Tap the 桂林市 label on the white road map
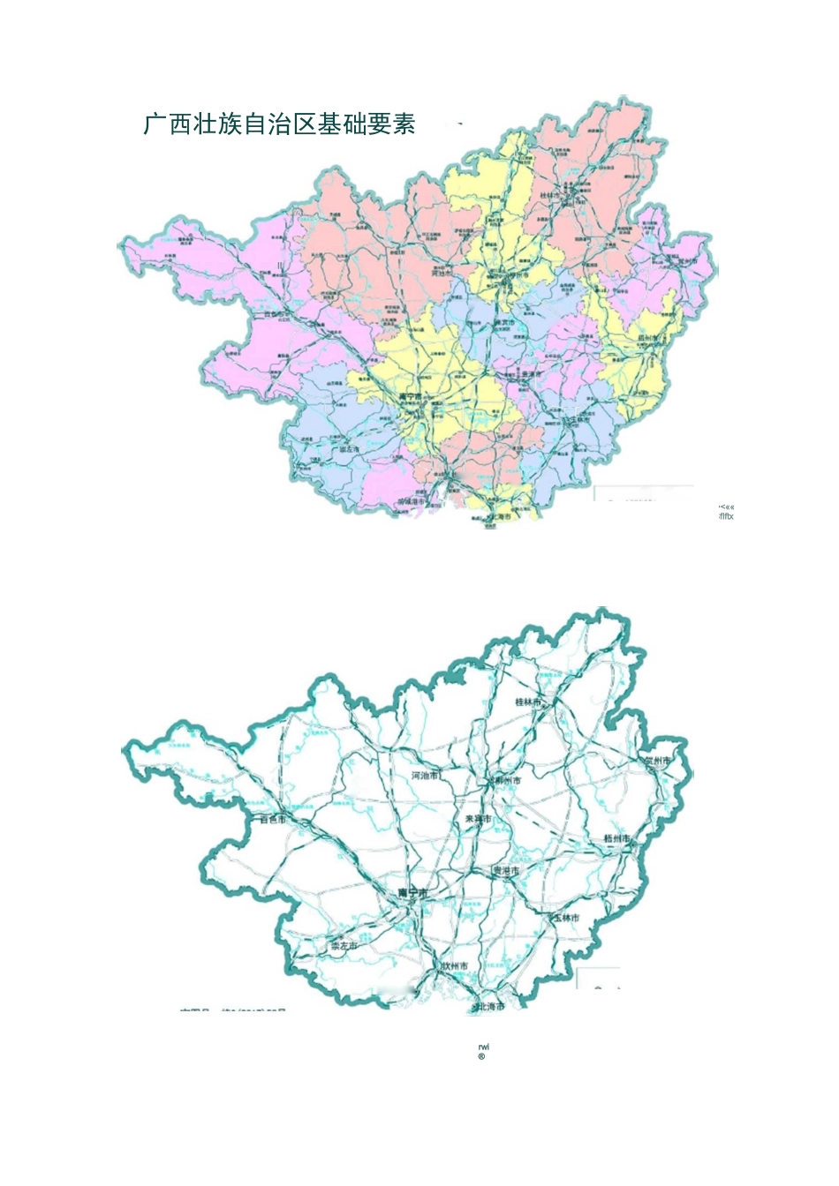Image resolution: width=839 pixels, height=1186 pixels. click(x=531, y=702)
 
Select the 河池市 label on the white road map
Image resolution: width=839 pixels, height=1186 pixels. click(x=427, y=776)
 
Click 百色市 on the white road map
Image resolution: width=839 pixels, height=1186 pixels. click(x=274, y=819)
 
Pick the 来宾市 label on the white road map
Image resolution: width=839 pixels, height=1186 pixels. click(x=478, y=819)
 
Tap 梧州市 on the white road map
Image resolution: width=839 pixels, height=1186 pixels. click(x=616, y=837)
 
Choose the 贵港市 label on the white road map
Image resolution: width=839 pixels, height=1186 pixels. click(x=506, y=871)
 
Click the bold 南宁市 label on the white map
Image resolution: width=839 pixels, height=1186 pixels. click(x=412, y=893)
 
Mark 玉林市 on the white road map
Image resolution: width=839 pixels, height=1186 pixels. click(x=566, y=919)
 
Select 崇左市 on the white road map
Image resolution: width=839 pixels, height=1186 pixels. click(x=344, y=946)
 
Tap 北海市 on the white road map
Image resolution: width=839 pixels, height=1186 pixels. click(x=490, y=1007)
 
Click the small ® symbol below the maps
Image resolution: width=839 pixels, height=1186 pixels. click(x=481, y=1057)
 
